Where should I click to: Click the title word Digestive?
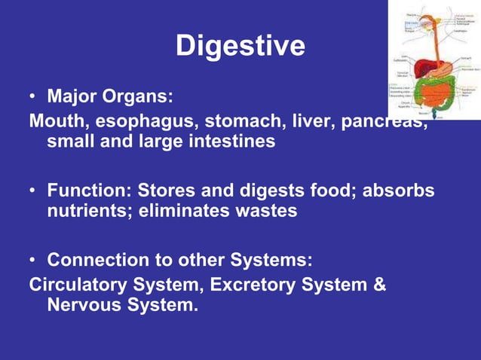click(x=240, y=46)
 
